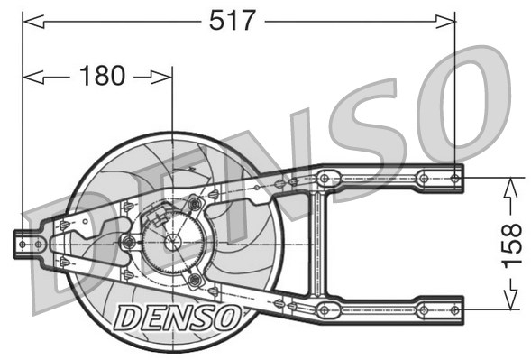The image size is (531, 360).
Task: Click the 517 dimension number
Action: (x=233, y=20)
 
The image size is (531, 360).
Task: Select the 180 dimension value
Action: (x=102, y=78)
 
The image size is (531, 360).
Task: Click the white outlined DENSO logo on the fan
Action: (x=178, y=316)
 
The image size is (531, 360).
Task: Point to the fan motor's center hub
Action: (x=171, y=242)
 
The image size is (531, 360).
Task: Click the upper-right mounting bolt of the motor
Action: (x=194, y=205)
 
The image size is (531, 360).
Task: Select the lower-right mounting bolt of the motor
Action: (x=194, y=280)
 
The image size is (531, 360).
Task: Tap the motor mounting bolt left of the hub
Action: (x=129, y=242)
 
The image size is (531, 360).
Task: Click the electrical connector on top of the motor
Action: (x=160, y=217)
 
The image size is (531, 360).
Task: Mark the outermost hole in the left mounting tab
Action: (x=23, y=242)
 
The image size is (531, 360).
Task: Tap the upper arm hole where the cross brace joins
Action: (x=325, y=178)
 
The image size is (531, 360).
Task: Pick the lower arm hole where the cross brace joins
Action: (x=325, y=309)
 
